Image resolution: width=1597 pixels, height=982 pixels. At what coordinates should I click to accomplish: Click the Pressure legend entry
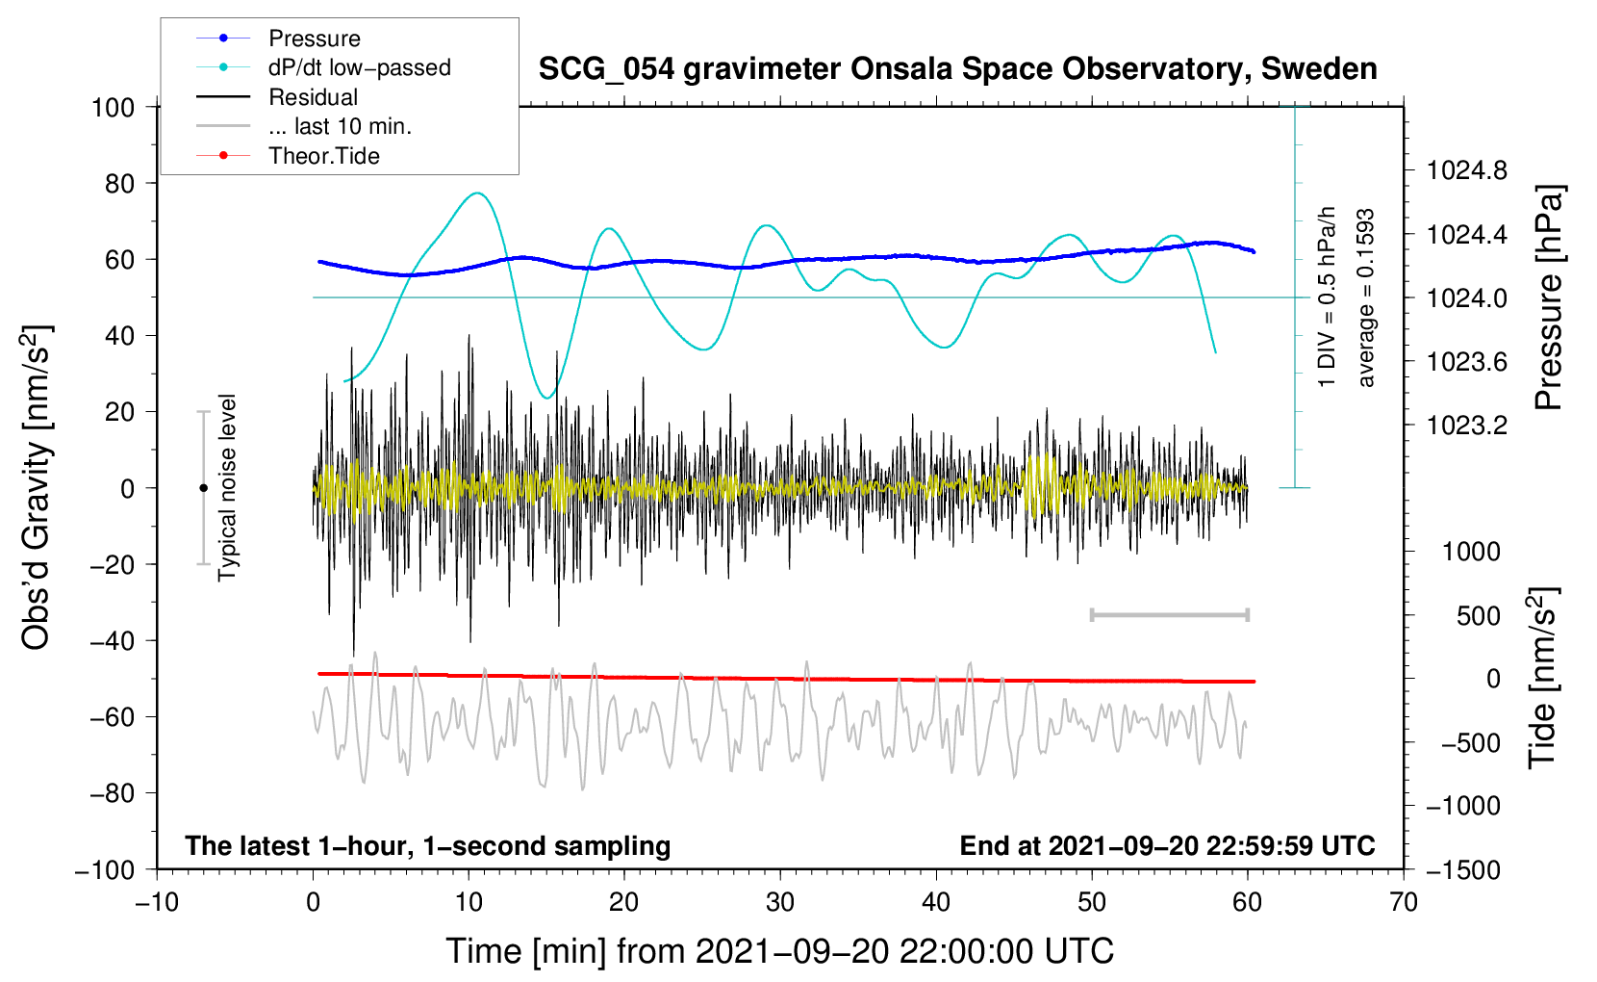coord(314,39)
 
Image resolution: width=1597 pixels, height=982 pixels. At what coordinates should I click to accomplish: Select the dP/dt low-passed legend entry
coord(359,67)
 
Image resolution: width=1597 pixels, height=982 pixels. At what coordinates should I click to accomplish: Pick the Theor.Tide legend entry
coord(323,156)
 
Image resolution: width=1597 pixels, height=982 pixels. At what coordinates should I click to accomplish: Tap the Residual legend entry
coord(313,97)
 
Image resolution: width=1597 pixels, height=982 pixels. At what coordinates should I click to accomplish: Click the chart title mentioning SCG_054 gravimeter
coord(957,69)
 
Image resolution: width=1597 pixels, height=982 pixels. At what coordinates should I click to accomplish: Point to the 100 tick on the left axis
coord(113,107)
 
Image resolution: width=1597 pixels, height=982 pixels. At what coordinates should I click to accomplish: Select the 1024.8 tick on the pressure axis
coord(1467,171)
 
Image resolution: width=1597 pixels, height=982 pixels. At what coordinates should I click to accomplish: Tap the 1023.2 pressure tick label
coord(1467,426)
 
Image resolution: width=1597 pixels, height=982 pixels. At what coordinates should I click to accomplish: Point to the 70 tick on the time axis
coord(1404,902)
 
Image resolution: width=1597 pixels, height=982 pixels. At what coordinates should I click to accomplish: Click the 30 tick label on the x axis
coord(780,902)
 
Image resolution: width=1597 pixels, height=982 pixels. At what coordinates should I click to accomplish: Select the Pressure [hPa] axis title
coord(1548,297)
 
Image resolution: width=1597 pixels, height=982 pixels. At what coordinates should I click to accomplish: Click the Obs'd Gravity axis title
coord(37,487)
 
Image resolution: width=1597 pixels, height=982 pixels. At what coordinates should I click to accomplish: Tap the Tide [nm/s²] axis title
coord(1542,678)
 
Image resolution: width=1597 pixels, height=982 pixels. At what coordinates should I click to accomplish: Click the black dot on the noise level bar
coord(203,488)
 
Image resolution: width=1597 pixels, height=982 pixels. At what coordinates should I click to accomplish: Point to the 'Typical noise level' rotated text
coord(227,487)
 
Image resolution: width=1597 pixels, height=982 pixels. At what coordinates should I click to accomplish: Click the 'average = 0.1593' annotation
coord(1365,297)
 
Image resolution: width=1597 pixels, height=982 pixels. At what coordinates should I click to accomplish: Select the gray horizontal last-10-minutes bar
coord(1169,614)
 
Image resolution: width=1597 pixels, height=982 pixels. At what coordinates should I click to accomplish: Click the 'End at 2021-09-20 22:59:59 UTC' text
coord(1167,846)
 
